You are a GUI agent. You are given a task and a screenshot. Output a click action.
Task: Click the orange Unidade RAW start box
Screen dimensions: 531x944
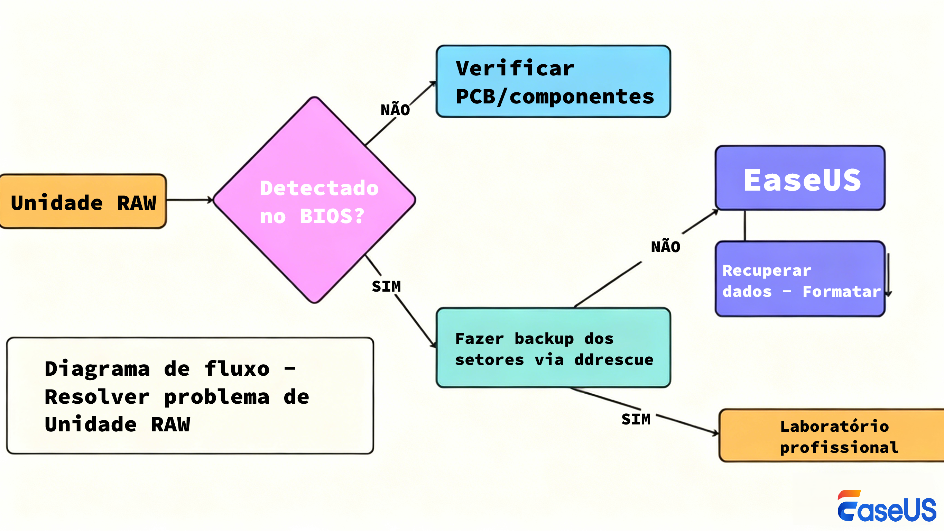pyautogui.click(x=83, y=202)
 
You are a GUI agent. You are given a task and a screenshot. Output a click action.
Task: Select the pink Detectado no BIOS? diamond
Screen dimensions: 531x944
pyautogui.click(x=314, y=200)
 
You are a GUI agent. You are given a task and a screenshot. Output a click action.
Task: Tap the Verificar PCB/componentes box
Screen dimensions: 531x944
pyautogui.click(x=553, y=81)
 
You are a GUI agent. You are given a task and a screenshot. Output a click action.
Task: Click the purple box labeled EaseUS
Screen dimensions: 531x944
pyautogui.click(x=800, y=178)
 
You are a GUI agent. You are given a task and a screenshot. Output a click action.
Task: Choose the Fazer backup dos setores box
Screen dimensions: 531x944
pyautogui.click(x=553, y=348)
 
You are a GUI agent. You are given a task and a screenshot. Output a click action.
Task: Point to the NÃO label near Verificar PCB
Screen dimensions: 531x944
pyautogui.click(x=395, y=110)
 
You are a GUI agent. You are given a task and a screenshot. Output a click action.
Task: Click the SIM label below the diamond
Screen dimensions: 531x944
pyautogui.click(x=386, y=286)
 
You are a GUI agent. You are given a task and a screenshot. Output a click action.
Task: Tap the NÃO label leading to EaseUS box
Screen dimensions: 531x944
pyautogui.click(x=666, y=247)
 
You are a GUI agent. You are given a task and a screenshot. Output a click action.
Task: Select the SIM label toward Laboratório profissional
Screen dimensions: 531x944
pyautogui.click(x=636, y=419)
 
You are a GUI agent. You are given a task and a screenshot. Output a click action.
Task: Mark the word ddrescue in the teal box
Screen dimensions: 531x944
pyautogui.click(x=614, y=360)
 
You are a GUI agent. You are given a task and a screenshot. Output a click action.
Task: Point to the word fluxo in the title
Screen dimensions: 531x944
pyautogui.click(x=237, y=368)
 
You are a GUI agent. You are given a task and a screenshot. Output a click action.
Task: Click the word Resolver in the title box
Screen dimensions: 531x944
pyautogui.click(x=97, y=397)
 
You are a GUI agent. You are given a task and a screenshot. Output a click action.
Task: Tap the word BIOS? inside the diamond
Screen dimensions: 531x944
pyautogui.click(x=332, y=216)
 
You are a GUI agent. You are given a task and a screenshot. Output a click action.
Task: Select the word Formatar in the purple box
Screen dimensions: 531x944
pyautogui.click(x=841, y=292)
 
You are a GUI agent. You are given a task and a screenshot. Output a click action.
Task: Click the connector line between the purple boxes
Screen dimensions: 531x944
pyautogui.click(x=745, y=226)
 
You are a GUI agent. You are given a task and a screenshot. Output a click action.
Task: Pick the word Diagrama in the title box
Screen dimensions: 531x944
pyautogui.click(x=97, y=368)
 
